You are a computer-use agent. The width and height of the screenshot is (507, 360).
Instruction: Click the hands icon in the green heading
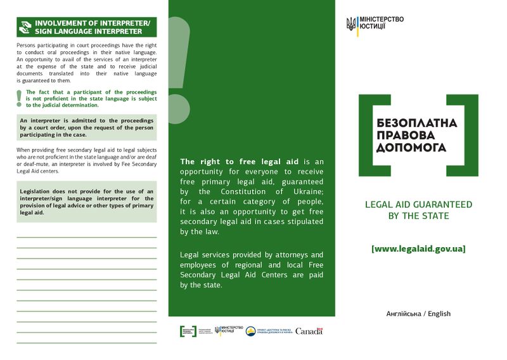pos(25,27)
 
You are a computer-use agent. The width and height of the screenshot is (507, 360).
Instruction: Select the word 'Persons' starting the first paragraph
pos(27,45)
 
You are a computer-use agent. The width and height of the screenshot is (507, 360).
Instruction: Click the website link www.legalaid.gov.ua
pos(418,249)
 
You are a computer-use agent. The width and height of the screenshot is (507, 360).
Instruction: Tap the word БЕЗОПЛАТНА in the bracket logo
pos(416,122)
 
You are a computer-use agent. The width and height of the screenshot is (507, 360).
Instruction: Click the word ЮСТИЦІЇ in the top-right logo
pos(373,28)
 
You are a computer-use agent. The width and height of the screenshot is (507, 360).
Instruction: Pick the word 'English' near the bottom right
pos(439,314)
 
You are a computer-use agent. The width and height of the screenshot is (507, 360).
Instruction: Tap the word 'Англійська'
pos(404,314)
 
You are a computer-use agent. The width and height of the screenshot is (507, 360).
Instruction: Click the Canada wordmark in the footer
pos(309,331)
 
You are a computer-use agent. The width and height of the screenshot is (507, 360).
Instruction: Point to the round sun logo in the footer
pos(251,331)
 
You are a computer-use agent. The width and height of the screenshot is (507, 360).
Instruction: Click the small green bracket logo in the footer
pos(188,331)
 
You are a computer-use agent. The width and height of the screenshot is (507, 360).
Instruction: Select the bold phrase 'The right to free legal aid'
pos(241,162)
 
